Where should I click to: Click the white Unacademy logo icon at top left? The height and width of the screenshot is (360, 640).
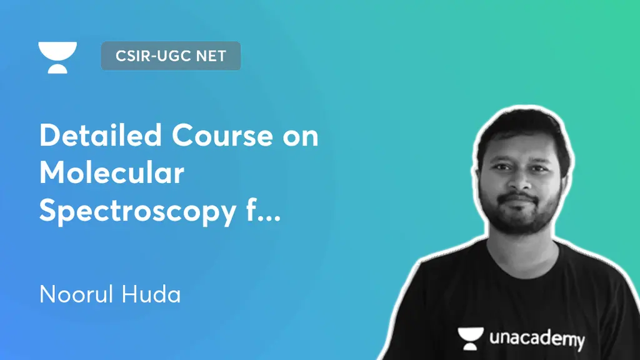tap(57, 57)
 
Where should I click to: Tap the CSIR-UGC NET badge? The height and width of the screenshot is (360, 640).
tap(171, 56)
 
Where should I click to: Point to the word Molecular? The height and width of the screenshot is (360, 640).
tap(112, 173)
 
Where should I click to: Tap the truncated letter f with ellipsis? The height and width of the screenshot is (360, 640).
tap(259, 212)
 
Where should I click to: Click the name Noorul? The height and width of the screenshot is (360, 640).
tap(75, 294)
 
